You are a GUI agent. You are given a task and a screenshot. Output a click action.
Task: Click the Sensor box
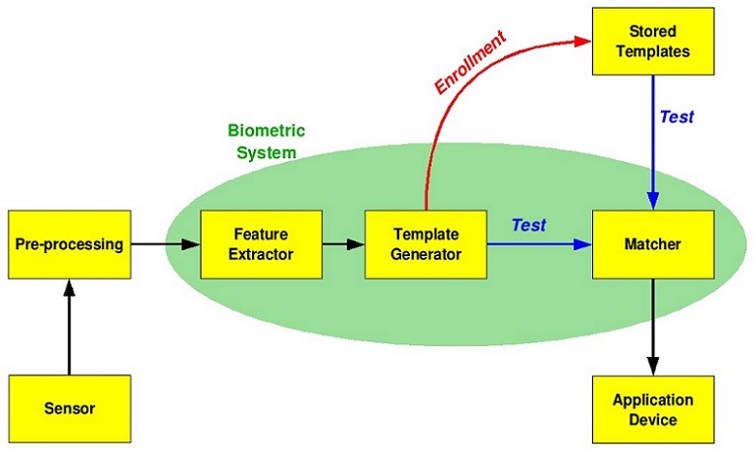click(69, 408)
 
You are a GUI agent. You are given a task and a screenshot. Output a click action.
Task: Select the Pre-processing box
click(69, 243)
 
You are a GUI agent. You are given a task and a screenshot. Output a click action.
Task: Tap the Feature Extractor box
click(260, 243)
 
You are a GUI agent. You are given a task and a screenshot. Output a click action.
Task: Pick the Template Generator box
click(426, 243)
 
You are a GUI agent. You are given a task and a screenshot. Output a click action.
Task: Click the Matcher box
click(652, 243)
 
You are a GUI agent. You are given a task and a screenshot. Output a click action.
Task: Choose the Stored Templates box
click(652, 42)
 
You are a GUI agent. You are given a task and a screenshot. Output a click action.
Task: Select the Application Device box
click(652, 409)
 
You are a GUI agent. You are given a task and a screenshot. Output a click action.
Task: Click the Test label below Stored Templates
click(677, 117)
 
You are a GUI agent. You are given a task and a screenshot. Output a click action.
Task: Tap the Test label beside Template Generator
click(529, 225)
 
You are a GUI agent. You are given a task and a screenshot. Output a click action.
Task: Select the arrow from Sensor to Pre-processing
click(69, 326)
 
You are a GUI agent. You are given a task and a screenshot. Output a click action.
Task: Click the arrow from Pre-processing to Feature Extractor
click(165, 243)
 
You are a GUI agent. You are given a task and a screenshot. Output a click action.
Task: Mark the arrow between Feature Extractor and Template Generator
click(343, 243)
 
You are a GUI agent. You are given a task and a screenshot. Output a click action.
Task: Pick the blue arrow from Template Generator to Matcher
click(539, 243)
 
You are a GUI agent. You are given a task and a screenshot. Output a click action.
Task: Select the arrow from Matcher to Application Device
click(652, 326)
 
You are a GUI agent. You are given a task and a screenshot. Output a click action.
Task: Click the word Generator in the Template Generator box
click(426, 253)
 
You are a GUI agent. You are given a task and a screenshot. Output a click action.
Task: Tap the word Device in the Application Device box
click(652, 419)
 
